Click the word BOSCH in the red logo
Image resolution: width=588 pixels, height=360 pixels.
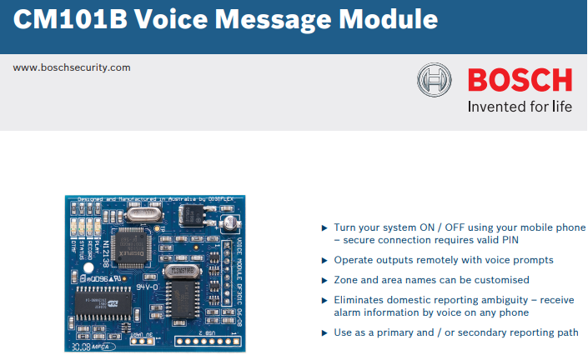pos(520,81)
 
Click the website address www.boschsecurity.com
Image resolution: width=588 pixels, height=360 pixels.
pos(72,67)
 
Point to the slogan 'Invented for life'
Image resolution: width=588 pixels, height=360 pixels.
pos(520,107)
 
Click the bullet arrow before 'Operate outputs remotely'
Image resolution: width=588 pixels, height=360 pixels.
pos(324,260)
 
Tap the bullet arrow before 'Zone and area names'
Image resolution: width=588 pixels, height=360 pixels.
pos(324,280)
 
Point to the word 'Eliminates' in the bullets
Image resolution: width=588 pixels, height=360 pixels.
pos(360,300)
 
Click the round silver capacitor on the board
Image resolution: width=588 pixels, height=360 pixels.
pos(228,223)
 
